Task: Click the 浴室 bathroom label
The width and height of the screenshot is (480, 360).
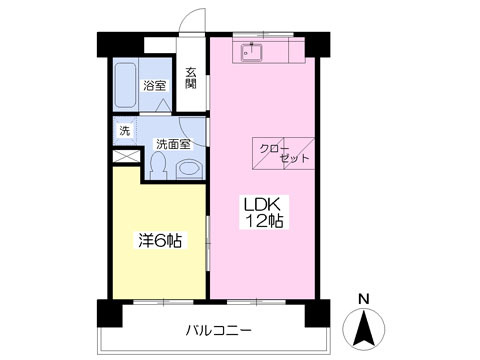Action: [x=155, y=87]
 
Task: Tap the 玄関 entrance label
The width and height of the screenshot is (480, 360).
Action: [x=190, y=77]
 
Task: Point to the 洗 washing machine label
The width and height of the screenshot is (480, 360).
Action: [x=125, y=131]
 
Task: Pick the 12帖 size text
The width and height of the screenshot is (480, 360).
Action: [x=261, y=222]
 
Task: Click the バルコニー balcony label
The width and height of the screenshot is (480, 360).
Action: [x=218, y=329]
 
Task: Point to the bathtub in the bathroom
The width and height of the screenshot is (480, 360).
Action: [x=126, y=88]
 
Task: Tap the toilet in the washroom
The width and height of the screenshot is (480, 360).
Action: [x=187, y=169]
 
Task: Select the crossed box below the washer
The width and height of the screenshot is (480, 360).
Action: [x=125, y=156]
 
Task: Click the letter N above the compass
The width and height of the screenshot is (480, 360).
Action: [x=364, y=298]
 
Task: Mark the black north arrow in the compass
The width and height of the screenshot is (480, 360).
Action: [x=364, y=326]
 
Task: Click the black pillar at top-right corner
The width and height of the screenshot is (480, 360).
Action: [x=319, y=45]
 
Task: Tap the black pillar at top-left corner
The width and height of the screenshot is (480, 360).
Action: [x=106, y=45]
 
